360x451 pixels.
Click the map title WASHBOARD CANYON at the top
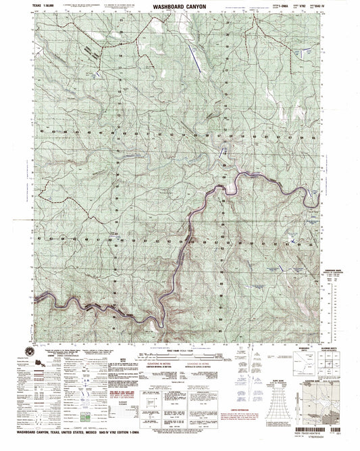pyautogui.click(x=179, y=5)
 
